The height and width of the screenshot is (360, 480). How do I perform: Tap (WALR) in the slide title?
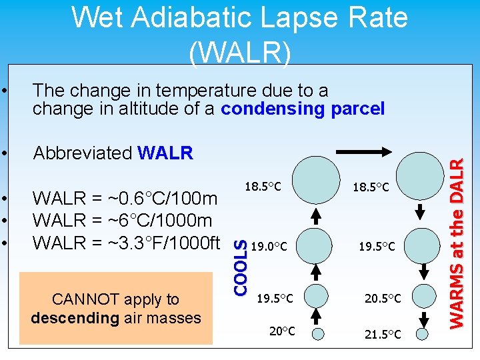[239, 53]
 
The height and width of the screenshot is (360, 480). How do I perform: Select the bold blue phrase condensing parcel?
[303, 109]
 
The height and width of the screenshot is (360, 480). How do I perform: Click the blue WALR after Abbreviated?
[165, 153]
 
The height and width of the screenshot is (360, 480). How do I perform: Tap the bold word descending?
[75, 318]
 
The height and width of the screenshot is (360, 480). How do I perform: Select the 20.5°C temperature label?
[383, 299]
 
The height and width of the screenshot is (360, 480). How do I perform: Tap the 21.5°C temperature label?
[383, 334]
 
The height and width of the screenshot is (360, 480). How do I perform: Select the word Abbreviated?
[83, 153]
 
